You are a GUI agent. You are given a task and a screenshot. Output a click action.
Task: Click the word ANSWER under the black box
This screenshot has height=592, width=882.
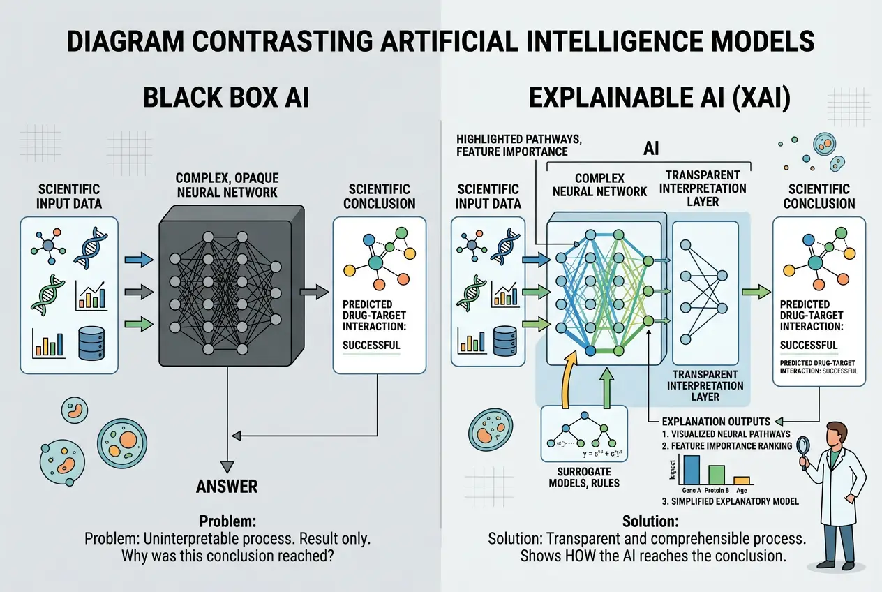pyautogui.click(x=227, y=486)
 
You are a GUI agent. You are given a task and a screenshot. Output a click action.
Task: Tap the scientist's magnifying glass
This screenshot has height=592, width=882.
pyautogui.click(x=802, y=445)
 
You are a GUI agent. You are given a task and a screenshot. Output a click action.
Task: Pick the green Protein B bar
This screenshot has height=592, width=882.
pyautogui.click(x=717, y=474)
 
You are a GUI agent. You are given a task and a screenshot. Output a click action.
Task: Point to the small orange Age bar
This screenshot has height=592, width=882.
pyautogui.click(x=741, y=480)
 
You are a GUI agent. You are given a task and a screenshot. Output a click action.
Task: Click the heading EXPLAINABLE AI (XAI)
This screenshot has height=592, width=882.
pyautogui.click(x=659, y=98)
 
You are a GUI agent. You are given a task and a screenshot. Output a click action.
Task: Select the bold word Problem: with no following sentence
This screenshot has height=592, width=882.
pyautogui.click(x=227, y=521)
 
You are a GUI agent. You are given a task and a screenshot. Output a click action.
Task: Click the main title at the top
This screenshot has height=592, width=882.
pyautogui.click(x=441, y=41)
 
